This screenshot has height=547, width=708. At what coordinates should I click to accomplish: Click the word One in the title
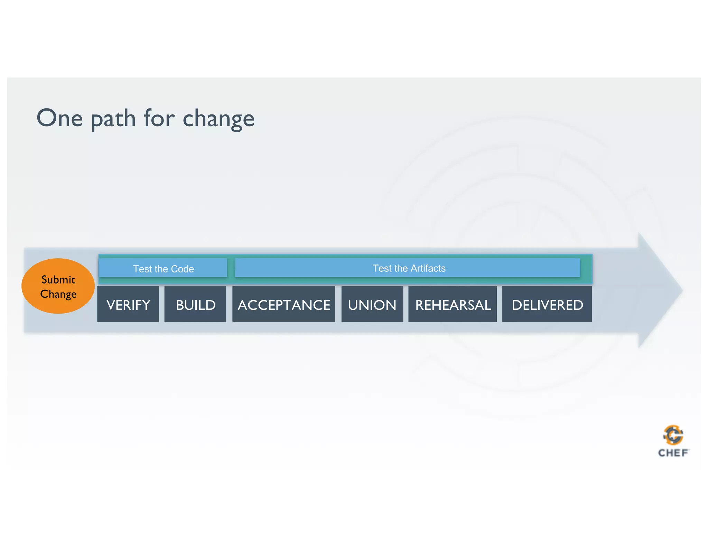[x=59, y=118]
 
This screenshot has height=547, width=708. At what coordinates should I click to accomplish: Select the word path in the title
[x=113, y=119]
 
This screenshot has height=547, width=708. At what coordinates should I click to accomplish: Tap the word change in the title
[x=218, y=119]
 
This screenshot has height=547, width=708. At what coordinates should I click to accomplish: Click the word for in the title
[x=159, y=118]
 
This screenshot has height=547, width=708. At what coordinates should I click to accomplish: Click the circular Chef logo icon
[x=673, y=435]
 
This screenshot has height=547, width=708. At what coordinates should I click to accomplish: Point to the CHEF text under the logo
[x=673, y=453]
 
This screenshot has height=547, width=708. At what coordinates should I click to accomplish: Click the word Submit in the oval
[x=58, y=279]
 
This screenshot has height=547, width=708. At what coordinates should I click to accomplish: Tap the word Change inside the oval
[x=58, y=294]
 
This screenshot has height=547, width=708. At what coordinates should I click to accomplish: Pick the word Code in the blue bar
[x=182, y=269]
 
